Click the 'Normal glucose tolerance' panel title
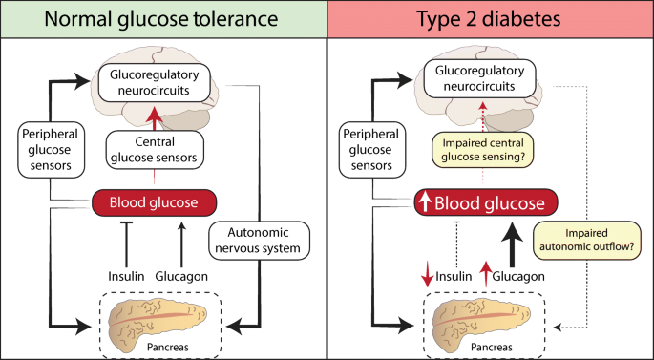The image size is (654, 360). (x=161, y=19)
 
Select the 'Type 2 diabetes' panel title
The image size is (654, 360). (x=489, y=19)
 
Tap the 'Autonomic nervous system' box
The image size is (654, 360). (x=259, y=241)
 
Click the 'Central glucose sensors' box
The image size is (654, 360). (x=155, y=150)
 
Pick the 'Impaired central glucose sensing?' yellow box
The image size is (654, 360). (x=482, y=150)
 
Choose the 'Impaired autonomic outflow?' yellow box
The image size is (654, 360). (x=587, y=240)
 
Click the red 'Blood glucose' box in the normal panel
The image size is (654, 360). (x=154, y=202)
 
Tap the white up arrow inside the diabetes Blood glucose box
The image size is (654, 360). (x=426, y=202)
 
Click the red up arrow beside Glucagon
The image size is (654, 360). (x=485, y=274)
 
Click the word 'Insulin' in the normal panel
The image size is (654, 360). (x=126, y=276)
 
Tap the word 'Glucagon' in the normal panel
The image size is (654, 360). (x=181, y=276)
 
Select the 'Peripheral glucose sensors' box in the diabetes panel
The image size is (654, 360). (x=370, y=150)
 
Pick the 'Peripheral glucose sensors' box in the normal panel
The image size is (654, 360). (x=51, y=150)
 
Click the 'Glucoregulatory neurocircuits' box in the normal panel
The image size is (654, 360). (x=154, y=82)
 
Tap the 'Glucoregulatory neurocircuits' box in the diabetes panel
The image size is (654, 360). (x=479, y=78)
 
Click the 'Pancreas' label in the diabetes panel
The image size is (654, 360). (x=492, y=347)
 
